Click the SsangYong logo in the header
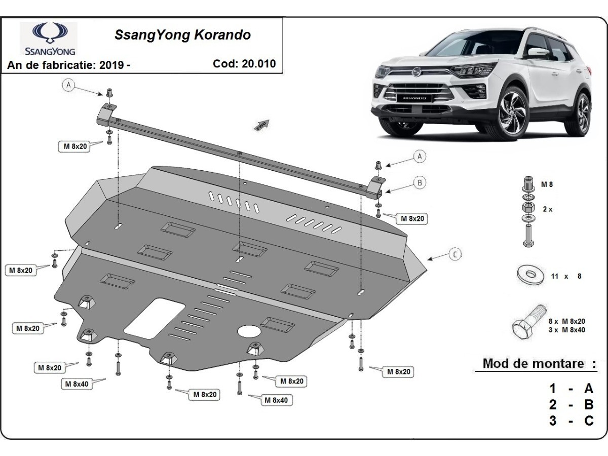tap(49, 38)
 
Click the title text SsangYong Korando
tap(182, 35)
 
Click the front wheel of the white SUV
tap(513, 112)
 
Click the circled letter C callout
tap(455, 254)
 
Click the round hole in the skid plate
tap(249, 331)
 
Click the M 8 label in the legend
tap(547, 184)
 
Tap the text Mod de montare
tap(533, 363)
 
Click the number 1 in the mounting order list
tap(553, 389)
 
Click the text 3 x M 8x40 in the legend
tap(566, 330)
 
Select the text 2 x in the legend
tap(547, 209)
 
